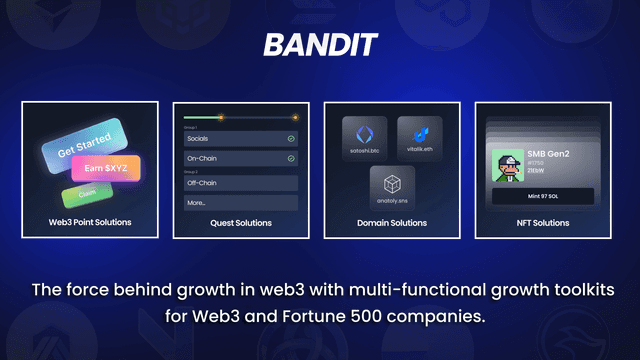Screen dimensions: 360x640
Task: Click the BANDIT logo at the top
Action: point(319,44)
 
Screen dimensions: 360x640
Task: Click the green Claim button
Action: point(85,192)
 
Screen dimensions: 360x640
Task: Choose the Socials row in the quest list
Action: point(241,138)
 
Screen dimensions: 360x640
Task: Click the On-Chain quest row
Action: point(241,159)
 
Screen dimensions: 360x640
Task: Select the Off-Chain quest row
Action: point(241,182)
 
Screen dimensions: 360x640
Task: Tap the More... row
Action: point(241,203)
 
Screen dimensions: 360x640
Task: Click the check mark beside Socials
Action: point(291,138)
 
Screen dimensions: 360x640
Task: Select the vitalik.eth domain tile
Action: point(419,139)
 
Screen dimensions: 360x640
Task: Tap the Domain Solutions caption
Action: point(392,222)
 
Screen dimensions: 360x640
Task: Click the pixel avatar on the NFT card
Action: point(507,166)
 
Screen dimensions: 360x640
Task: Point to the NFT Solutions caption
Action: point(542,222)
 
